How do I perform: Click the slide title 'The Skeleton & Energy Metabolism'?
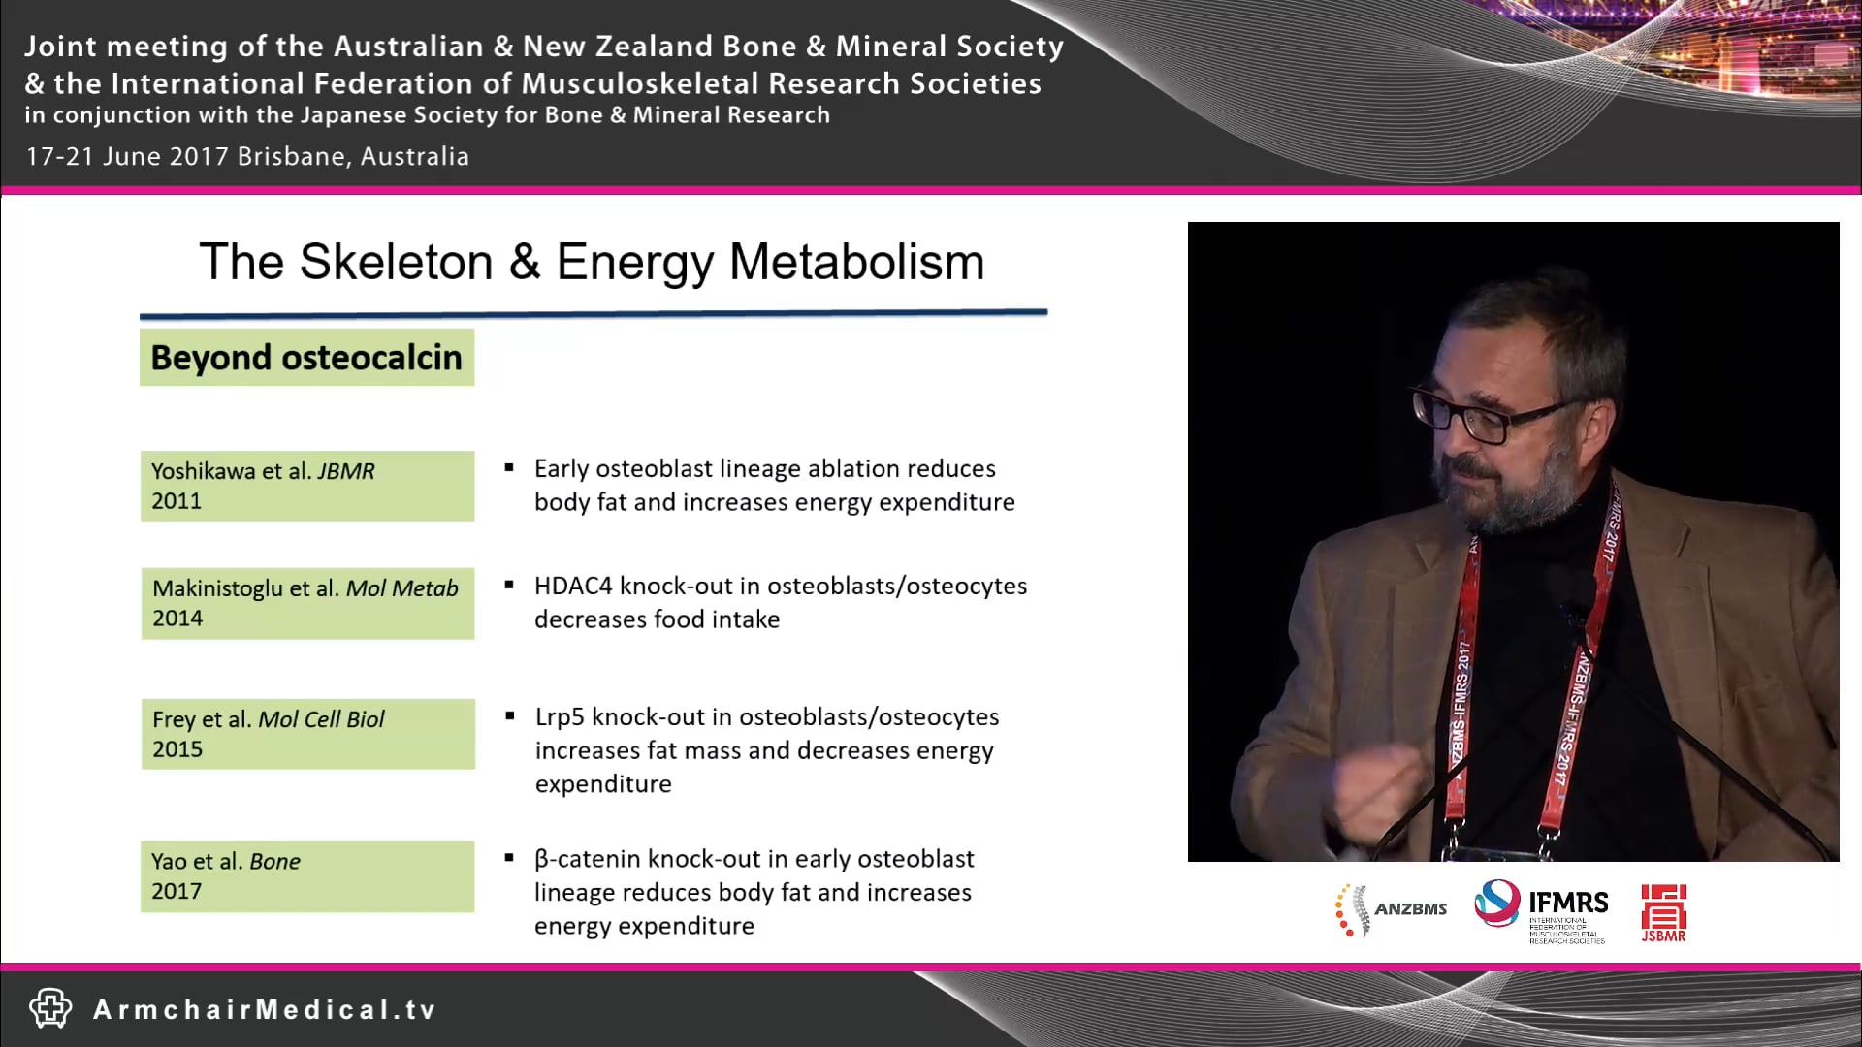(x=592, y=262)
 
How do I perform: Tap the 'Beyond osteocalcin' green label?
(x=306, y=358)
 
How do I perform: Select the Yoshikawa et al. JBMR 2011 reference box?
(x=306, y=486)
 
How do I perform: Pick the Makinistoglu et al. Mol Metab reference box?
(x=306, y=603)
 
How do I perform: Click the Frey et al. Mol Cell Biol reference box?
(x=306, y=734)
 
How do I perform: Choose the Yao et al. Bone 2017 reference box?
(x=306, y=876)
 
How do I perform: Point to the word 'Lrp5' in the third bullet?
(x=560, y=717)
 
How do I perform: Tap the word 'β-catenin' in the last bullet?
(x=587, y=860)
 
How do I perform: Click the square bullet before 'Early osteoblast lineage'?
(x=509, y=468)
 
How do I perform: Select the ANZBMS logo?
(x=1391, y=909)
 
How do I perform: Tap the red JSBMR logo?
(x=1663, y=911)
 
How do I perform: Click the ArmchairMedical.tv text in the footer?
(x=264, y=1010)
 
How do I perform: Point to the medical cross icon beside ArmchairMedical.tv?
(x=50, y=1008)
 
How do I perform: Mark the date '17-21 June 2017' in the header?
(x=127, y=157)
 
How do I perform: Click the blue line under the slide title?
(x=593, y=313)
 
